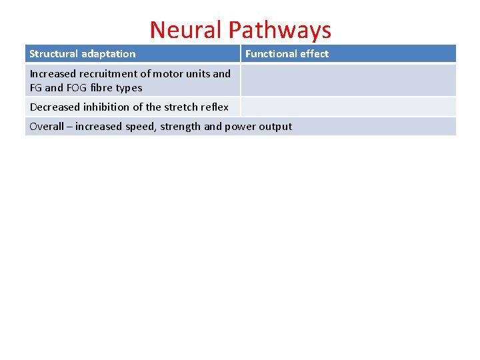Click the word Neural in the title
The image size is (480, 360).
[185, 30]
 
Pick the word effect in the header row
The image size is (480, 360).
[313, 54]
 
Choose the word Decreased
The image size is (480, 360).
[55, 107]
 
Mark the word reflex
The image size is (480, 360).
[215, 107]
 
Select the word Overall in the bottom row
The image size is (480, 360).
[47, 127]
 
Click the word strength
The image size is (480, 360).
[177, 127]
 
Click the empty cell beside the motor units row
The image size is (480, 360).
[348, 81]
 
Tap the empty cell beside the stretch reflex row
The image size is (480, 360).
[348, 107]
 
